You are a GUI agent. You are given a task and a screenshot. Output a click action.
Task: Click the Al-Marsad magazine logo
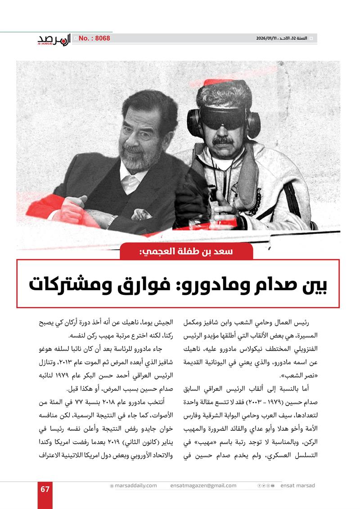54,40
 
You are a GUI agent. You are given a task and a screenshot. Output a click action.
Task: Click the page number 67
45,489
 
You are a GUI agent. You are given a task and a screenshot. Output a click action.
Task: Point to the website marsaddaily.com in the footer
135,486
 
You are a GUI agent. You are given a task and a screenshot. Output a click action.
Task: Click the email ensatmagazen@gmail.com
203,486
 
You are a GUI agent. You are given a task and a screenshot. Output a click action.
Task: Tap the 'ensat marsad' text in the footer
297,486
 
